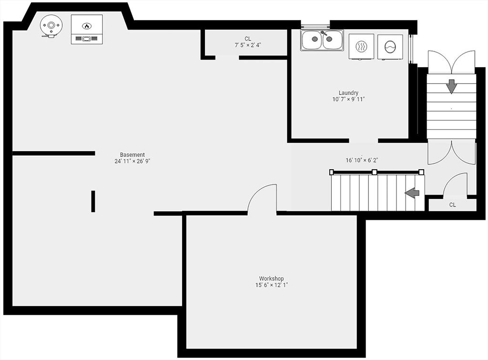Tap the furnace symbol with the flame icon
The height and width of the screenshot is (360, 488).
coord(87,29)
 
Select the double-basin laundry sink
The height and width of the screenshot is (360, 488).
coord(322,40)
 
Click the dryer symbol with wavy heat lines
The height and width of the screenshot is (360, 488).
coord(361,46)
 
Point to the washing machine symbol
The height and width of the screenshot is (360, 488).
coord(390,47)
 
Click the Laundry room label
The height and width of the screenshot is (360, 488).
coord(348,93)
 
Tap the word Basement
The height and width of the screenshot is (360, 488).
coord(132,155)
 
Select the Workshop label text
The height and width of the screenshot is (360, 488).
coord(271,278)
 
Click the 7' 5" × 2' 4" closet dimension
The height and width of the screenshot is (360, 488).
coord(248,45)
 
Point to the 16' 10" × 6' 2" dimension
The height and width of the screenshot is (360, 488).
coord(362,160)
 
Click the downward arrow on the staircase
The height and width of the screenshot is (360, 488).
coord(451,86)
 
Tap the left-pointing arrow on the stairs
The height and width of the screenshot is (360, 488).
coord(412,193)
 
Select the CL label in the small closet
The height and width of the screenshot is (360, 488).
coord(453,205)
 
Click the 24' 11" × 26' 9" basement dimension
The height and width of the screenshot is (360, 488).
coord(132,161)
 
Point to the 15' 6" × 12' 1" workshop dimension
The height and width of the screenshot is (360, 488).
coord(271,285)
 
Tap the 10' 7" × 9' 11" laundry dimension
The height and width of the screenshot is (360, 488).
coord(348,99)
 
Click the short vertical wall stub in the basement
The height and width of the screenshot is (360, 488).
coord(93,201)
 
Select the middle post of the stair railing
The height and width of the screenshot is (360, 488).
coord(375,172)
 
